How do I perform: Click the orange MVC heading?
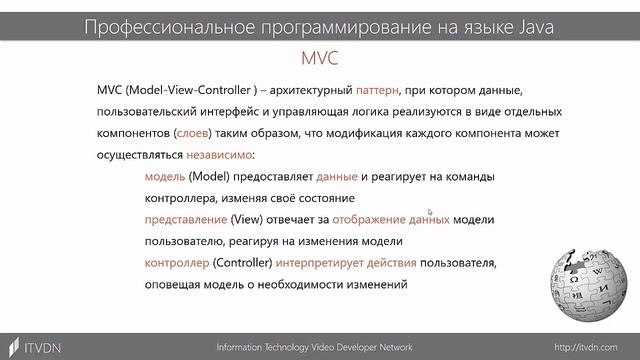pos(320,57)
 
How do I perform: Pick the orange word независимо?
pos(218,155)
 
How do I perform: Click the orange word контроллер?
pos(177,263)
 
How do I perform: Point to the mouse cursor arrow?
pos(429,212)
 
